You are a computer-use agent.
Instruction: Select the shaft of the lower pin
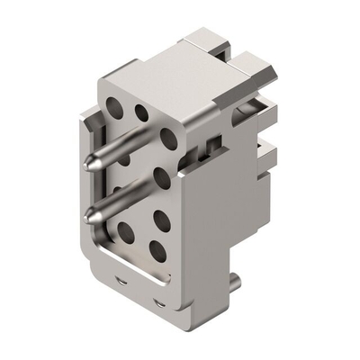coord(118,199)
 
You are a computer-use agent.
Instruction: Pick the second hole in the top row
coord(141,112)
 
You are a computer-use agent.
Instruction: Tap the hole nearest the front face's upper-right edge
coord(167,137)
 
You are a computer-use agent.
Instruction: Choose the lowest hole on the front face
coord(156,249)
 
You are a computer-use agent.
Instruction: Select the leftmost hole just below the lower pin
coord(125,233)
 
